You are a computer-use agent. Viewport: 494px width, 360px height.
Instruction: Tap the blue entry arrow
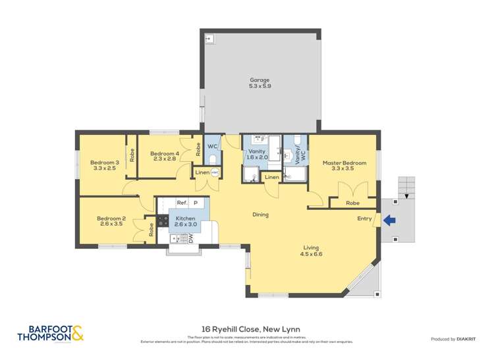tap(389, 221)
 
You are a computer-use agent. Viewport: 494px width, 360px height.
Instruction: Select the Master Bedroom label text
tap(344, 163)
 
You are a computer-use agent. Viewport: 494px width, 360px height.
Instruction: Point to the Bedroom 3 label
tap(104, 163)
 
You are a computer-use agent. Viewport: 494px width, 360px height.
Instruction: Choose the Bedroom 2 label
tap(111, 219)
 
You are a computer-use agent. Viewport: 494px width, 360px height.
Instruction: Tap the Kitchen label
tap(185, 218)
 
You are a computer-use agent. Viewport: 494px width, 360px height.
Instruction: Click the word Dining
tap(260, 215)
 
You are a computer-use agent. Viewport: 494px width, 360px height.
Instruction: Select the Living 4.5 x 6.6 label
tap(311, 250)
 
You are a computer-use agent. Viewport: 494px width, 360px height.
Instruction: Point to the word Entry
tap(364, 219)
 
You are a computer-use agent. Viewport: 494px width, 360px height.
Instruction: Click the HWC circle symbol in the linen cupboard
tap(214, 172)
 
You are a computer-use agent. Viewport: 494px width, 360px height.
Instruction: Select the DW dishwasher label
tap(191, 240)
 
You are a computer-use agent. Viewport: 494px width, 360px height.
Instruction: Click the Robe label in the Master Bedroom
tap(353, 203)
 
